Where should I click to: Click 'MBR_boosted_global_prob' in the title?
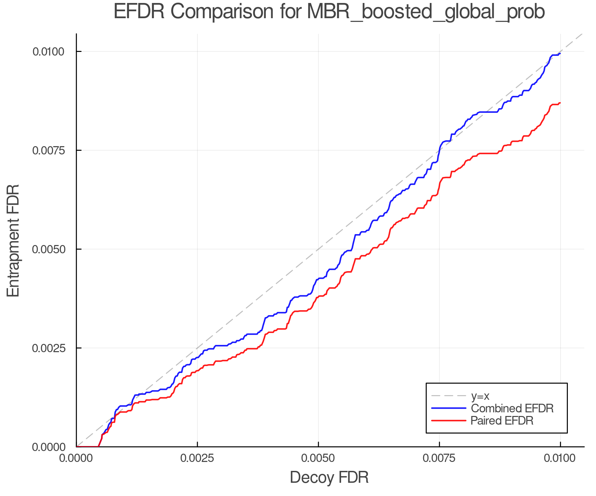pyautogui.click(x=425, y=12)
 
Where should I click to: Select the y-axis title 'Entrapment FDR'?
pyautogui.click(x=13, y=240)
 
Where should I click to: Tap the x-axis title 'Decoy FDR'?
pyautogui.click(x=329, y=477)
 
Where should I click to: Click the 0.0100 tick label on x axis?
pyautogui.click(x=560, y=458)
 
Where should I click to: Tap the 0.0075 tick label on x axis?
pyautogui.click(x=439, y=458)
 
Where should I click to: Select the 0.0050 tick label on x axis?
pyautogui.click(x=318, y=458)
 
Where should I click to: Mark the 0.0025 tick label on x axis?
pyautogui.click(x=197, y=458)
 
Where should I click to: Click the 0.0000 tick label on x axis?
pyautogui.click(x=76, y=458)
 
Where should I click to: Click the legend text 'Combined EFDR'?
pyautogui.click(x=512, y=408)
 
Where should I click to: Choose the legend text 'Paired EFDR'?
pyautogui.click(x=502, y=421)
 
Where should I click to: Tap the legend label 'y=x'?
pyautogui.click(x=480, y=396)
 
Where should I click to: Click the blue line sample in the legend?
pyautogui.click(x=449, y=408)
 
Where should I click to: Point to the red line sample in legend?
pyautogui.click(x=449, y=421)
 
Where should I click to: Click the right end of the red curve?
pyautogui.click(x=560, y=103)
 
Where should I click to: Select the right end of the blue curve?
pyautogui.click(x=560, y=54)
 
